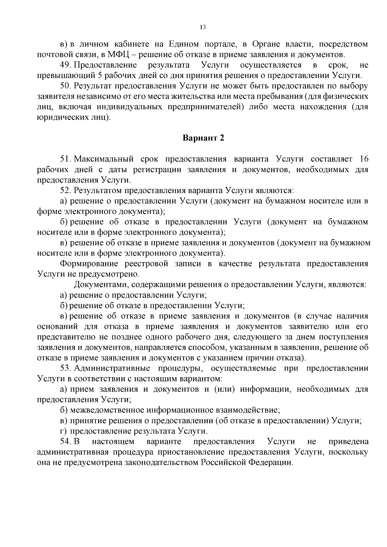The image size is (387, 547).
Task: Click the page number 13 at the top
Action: [x=203, y=27]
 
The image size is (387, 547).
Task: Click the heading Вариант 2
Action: [x=203, y=138]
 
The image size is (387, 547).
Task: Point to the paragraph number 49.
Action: [x=65, y=65]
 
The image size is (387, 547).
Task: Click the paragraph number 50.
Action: [x=65, y=86]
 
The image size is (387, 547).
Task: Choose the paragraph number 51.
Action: [x=65, y=159]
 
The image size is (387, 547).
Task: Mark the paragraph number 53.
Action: [x=65, y=368]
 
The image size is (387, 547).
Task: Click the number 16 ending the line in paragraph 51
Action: [x=363, y=159]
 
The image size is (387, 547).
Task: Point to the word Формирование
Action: [x=87, y=264]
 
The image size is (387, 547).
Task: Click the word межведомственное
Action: [x=106, y=410]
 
